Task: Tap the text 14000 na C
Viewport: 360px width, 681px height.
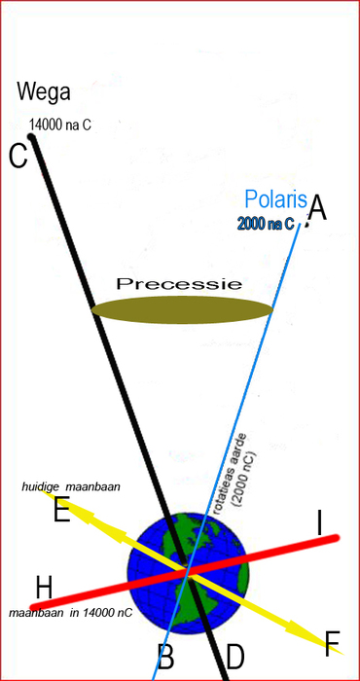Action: pos(60,125)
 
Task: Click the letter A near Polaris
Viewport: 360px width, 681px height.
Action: pos(317,207)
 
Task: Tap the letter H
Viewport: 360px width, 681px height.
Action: pos(43,587)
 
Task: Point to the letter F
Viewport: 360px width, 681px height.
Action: pos(333,642)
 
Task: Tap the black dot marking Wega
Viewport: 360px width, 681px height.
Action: pos(31,137)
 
